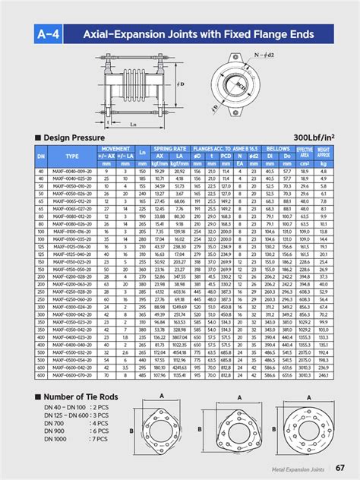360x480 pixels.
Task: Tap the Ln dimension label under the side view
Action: [134, 123]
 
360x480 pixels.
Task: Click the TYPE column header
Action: [72, 155]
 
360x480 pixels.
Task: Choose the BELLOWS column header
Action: [279, 150]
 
